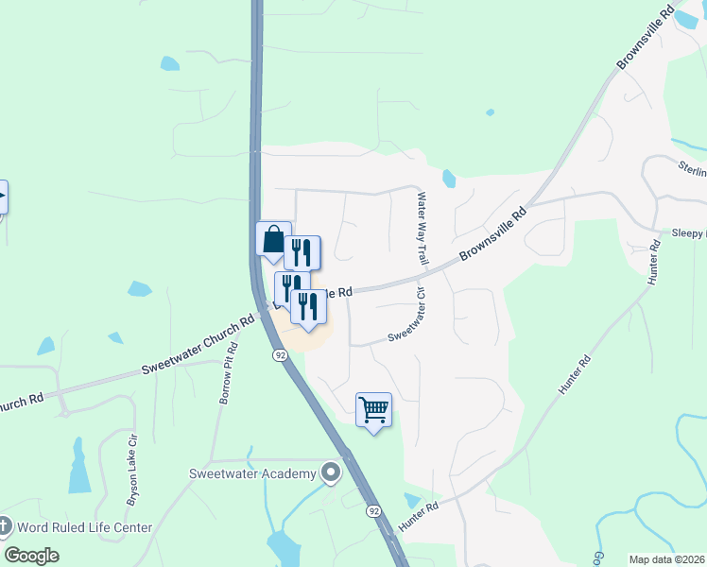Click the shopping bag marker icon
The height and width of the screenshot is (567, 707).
click(x=273, y=240)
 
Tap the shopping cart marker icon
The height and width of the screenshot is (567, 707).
click(x=374, y=410)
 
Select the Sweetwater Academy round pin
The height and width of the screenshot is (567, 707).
click(x=330, y=472)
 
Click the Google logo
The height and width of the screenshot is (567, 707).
click(x=31, y=555)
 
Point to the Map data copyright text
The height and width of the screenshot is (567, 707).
click(x=666, y=558)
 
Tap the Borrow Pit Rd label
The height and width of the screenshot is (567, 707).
click(x=228, y=373)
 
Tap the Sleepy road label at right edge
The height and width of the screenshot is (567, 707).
click(x=688, y=232)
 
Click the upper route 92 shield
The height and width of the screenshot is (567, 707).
click(x=280, y=354)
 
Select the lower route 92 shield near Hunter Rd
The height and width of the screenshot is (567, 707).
click(x=375, y=511)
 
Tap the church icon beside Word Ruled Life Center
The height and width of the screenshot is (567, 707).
click(x=4, y=526)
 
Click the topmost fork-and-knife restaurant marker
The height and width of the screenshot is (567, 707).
click(x=302, y=252)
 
